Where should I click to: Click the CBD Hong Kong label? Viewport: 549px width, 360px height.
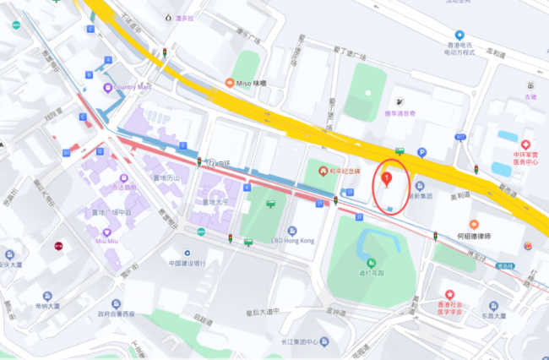point(295,241)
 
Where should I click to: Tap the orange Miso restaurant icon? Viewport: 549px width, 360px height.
point(229,83)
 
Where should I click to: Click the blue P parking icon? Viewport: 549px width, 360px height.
point(421,152)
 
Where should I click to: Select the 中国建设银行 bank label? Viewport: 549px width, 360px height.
point(188,262)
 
